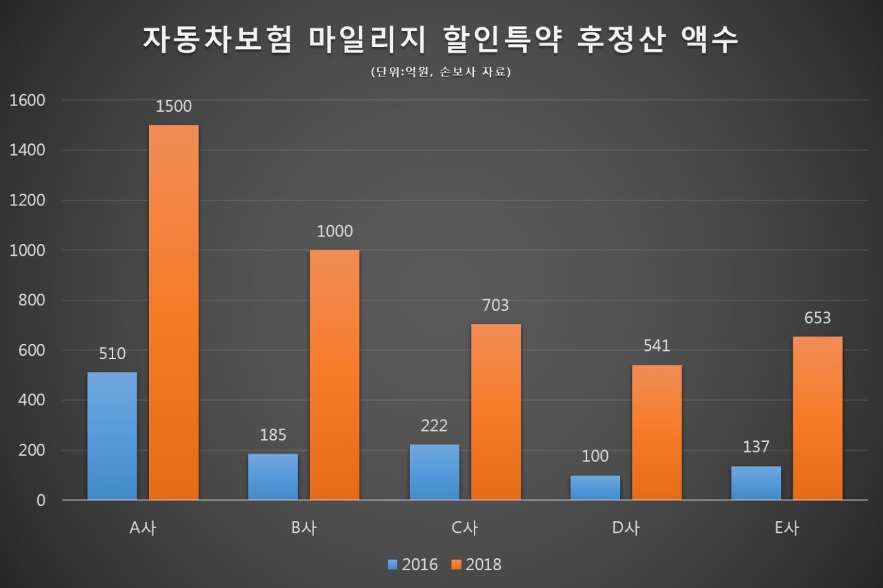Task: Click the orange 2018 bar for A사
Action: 174,312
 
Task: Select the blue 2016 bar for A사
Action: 112,436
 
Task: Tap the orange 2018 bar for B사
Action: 335,375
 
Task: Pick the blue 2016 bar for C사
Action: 435,472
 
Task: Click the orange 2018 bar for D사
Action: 657,432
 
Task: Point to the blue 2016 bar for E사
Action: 756,483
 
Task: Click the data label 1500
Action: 174,106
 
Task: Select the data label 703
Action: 496,305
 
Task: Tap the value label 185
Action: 273,435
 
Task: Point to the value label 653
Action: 817,317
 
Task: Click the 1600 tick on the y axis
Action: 28,101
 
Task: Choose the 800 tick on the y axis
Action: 32,300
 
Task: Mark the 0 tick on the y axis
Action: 41,500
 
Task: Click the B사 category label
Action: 304,528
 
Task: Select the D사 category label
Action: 626,528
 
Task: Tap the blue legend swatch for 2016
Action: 393,565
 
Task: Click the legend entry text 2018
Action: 484,565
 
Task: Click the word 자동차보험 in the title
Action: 217,40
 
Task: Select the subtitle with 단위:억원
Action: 441,72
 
